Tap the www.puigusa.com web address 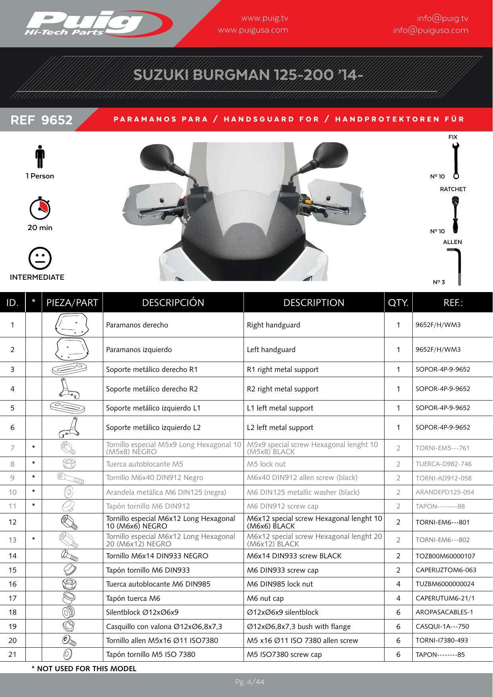[x=253, y=30]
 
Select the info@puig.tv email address [x=443, y=19]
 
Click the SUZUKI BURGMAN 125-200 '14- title [x=248, y=75]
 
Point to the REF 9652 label [x=42, y=120]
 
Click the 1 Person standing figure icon [x=40, y=157]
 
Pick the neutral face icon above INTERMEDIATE [x=40, y=259]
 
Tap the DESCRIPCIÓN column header [x=173, y=303]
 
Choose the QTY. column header [x=398, y=303]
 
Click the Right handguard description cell [x=274, y=325]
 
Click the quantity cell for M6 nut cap [x=398, y=598]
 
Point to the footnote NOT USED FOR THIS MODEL [x=84, y=668]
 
